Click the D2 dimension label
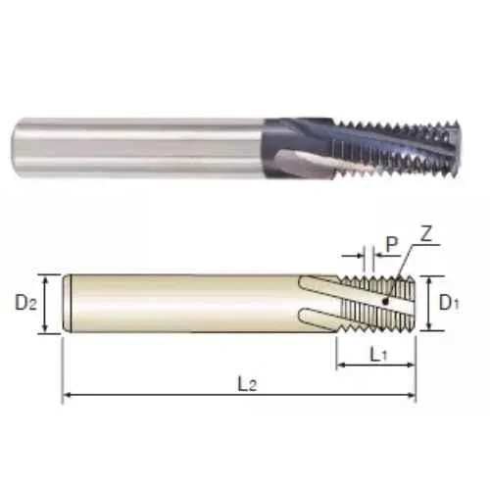click(x=26, y=304)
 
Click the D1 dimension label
click(x=449, y=303)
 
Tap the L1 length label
click(x=378, y=354)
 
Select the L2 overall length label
click(x=247, y=384)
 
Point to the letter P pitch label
click(x=392, y=244)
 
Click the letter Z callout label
click(x=425, y=234)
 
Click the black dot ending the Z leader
click(x=386, y=302)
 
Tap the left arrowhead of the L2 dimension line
click(x=67, y=395)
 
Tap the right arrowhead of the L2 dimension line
click(x=412, y=395)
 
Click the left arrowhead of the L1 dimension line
click(x=341, y=365)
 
